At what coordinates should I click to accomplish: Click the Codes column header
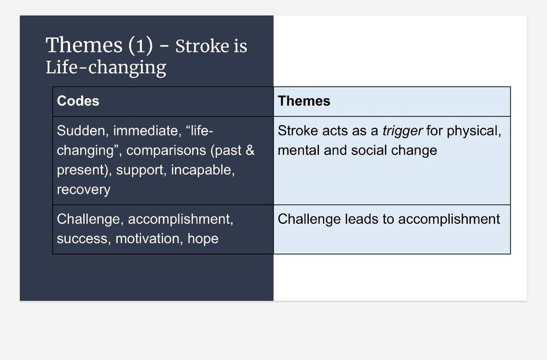pos(78,101)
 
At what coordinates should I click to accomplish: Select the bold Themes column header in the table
pos(304,101)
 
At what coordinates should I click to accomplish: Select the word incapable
pos(202,170)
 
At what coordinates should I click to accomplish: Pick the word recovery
pos(83,190)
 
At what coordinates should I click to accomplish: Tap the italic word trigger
pos(402,131)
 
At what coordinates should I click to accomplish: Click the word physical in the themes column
pos(474,131)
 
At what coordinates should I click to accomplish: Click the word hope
pos(203,239)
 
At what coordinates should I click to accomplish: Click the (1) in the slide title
pos(140,45)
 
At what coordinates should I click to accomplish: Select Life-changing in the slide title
pos(106,67)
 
